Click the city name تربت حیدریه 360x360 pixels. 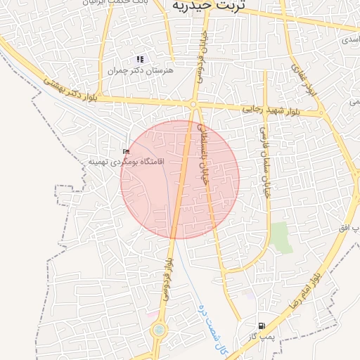tap(208, 6)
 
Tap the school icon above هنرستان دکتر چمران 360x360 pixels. tap(140, 59)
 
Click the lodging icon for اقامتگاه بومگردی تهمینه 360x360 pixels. tap(127, 151)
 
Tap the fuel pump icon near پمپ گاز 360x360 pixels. tap(262, 326)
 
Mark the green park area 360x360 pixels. tap(281, 237)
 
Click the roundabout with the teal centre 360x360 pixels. tap(159, 329)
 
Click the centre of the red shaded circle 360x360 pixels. tap(179, 179)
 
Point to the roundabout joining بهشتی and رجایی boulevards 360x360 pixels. tap(193, 105)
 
